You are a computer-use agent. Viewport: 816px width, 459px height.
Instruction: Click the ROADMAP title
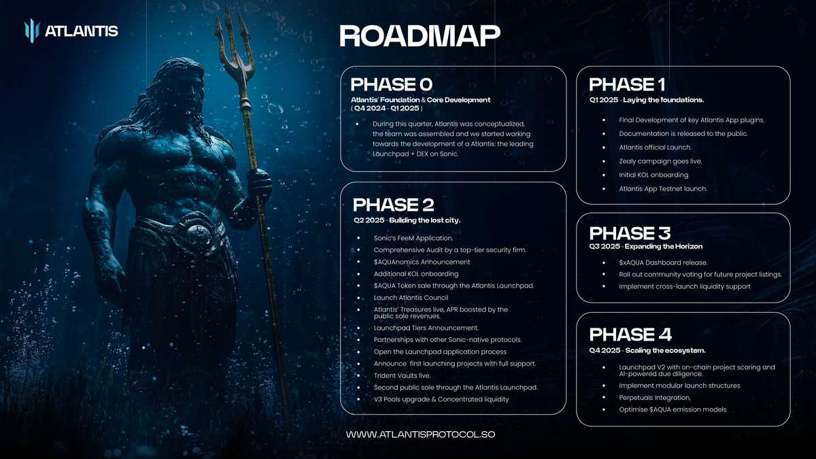click(420, 36)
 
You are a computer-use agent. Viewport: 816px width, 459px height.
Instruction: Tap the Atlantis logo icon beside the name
click(32, 31)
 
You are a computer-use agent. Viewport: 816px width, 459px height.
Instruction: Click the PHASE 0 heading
click(391, 84)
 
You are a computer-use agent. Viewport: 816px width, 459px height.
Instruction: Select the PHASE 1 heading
click(627, 84)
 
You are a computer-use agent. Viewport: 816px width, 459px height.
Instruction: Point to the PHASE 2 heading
click(394, 205)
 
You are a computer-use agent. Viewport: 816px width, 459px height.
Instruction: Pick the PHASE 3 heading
click(630, 233)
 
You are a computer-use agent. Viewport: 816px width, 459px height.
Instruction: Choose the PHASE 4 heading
click(630, 335)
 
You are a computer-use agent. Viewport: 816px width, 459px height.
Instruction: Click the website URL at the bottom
click(420, 435)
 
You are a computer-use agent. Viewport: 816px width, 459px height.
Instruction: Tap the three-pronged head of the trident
click(233, 44)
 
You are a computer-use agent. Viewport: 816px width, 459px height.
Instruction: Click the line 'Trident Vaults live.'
click(402, 375)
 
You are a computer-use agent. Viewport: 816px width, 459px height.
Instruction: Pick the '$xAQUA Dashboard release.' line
click(663, 262)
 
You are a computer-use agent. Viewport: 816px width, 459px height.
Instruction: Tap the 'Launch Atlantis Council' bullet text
click(411, 298)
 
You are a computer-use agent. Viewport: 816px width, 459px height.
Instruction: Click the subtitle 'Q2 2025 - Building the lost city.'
click(407, 220)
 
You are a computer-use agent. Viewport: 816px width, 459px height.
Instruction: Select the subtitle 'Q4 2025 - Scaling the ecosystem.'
click(647, 350)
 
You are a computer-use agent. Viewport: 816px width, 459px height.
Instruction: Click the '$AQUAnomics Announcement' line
click(422, 262)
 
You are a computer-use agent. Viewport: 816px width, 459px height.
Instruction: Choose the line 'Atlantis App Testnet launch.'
click(663, 189)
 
